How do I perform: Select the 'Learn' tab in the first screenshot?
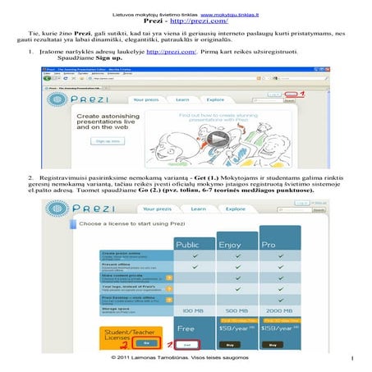(x=185, y=99)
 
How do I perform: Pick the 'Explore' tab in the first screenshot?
(x=216, y=99)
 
